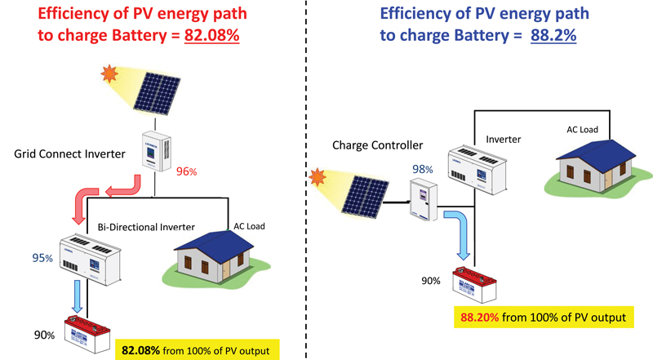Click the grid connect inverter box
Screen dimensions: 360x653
[156, 151]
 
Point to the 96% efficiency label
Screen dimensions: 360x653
[188, 173]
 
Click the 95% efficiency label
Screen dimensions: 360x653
[43, 258]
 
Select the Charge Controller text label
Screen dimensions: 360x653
[377, 145]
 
